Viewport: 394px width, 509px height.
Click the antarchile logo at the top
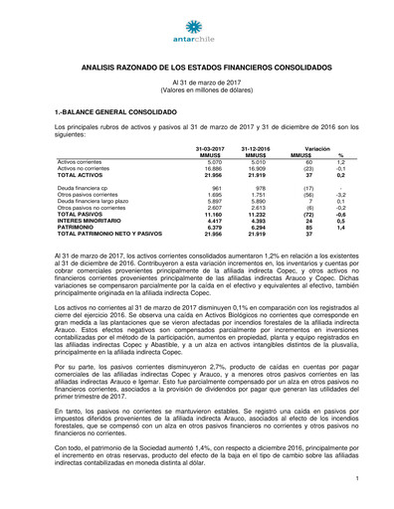[196, 30]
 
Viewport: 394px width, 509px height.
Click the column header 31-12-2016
[255, 147]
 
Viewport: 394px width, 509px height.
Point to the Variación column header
[317, 147]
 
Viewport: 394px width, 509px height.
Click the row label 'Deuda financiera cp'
[85, 187]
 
